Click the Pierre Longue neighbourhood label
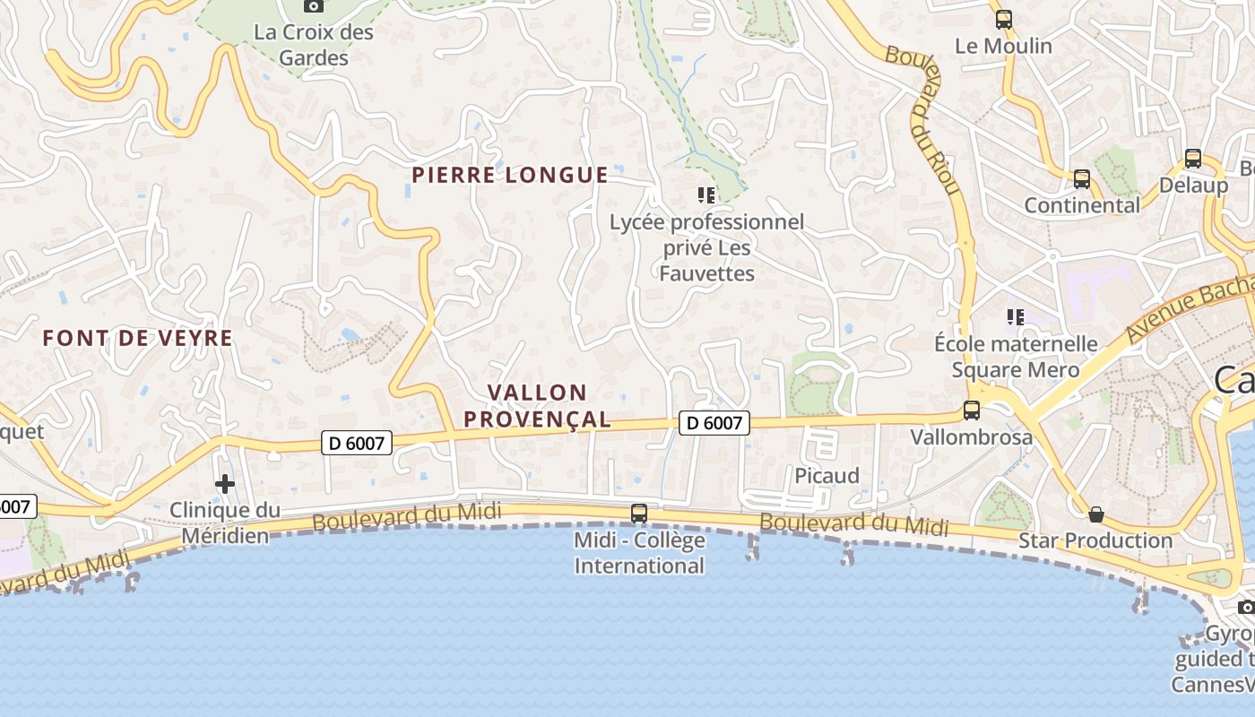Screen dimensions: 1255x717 click(x=510, y=175)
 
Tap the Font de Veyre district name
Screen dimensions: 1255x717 click(x=138, y=339)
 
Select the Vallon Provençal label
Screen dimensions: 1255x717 click(x=550, y=405)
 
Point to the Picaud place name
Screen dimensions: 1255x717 click(x=827, y=476)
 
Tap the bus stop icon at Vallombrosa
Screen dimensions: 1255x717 click(x=971, y=410)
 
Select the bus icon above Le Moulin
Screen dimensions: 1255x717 click(x=1003, y=19)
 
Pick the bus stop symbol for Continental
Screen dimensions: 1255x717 click(x=1082, y=179)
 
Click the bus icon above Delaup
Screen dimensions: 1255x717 click(x=1193, y=159)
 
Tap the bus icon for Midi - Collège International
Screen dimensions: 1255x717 click(x=639, y=514)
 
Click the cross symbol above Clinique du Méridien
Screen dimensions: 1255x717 click(x=225, y=484)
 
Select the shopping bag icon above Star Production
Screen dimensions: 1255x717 click(x=1095, y=514)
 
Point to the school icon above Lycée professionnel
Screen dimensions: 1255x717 click(x=706, y=194)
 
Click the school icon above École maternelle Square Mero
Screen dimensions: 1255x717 click(x=1016, y=316)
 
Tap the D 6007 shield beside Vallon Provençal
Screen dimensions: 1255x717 click(x=714, y=423)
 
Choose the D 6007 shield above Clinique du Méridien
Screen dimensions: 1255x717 click(x=357, y=442)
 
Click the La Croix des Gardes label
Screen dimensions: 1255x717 click(x=314, y=45)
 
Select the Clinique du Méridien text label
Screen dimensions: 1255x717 click(x=225, y=523)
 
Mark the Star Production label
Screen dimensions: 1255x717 click(x=1095, y=541)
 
